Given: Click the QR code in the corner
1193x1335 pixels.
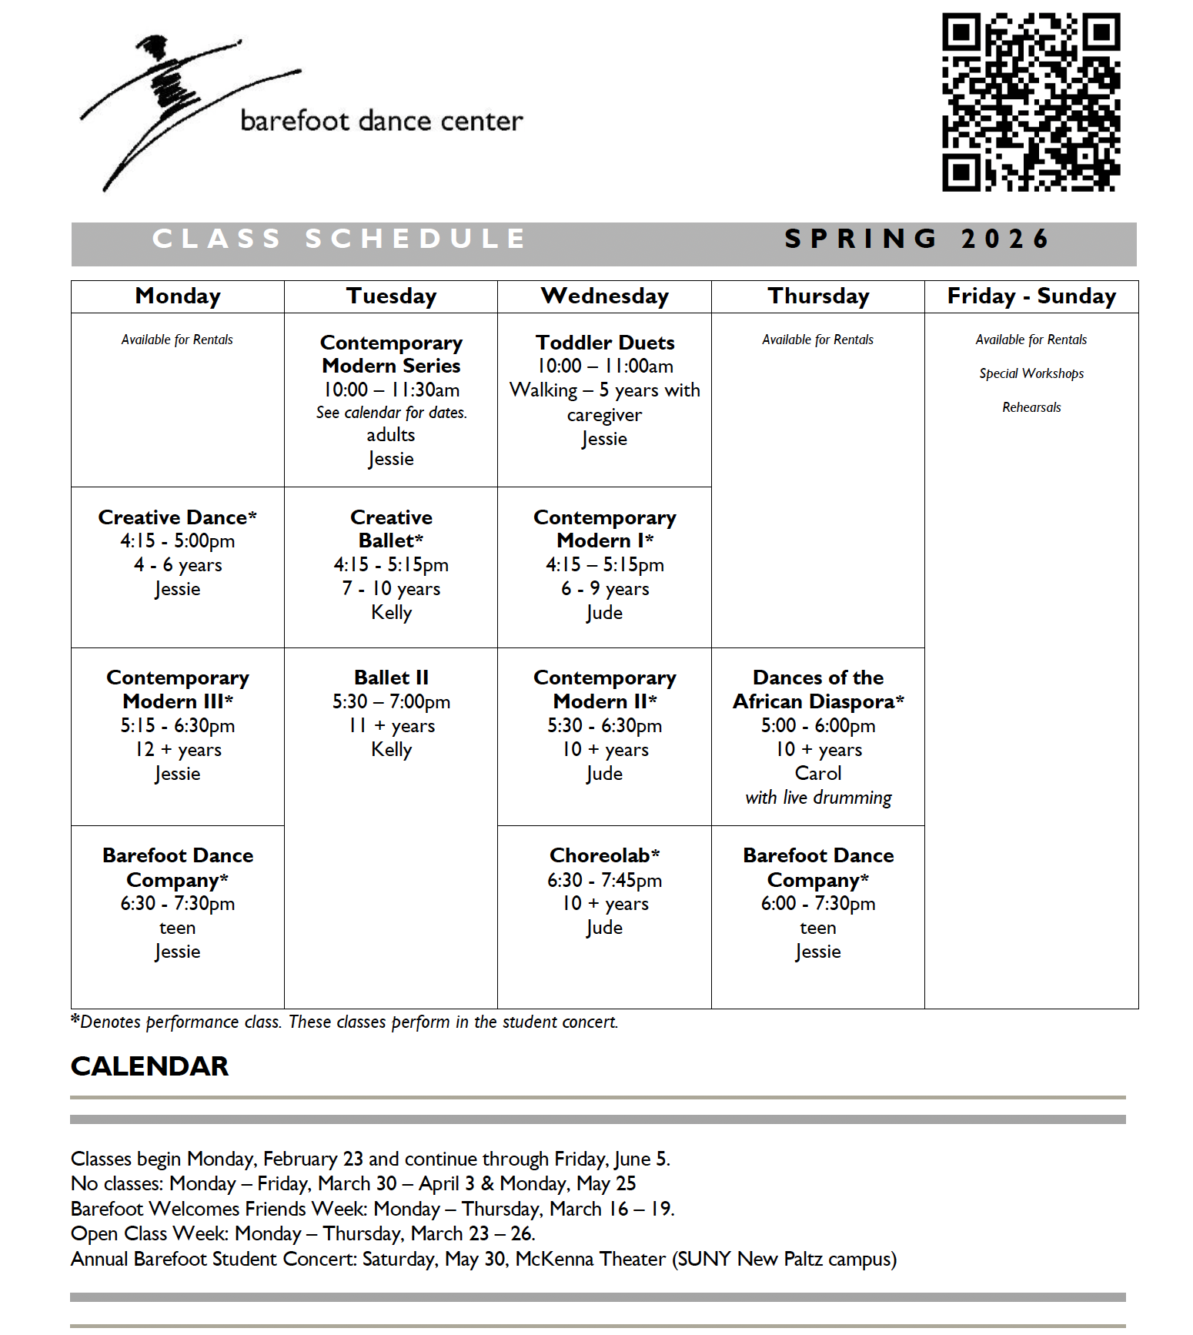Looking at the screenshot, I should click(x=1031, y=102).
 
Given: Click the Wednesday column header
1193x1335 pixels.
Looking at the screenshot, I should click(x=604, y=296).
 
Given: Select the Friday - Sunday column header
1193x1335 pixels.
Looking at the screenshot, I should click(x=1031, y=296).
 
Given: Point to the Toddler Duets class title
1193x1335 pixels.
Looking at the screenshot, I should click(x=605, y=343).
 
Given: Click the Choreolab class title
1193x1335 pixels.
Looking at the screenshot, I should click(x=604, y=855).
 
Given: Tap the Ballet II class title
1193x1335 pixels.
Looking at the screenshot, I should click(x=391, y=678).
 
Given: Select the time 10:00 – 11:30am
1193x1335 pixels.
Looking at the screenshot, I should click(x=391, y=390).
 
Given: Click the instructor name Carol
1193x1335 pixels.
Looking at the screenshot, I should click(x=817, y=773).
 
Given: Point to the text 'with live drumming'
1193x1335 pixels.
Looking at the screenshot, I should click(x=817, y=798).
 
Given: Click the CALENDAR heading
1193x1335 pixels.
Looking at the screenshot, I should click(x=149, y=1066).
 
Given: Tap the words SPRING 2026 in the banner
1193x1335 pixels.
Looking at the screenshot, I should click(x=916, y=239).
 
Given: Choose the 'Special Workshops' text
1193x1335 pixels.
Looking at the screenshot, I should click(x=1031, y=373).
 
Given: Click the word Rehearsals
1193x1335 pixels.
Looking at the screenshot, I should click(x=1031, y=407).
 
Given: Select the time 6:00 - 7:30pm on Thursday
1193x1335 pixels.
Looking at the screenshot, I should click(x=817, y=903).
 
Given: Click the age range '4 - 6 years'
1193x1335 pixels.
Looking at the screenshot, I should click(x=178, y=565).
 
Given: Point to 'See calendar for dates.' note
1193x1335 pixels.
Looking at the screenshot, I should click(x=391, y=413).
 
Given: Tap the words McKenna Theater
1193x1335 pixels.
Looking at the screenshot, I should click(x=590, y=1259).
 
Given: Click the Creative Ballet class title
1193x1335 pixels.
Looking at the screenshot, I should click(x=391, y=528).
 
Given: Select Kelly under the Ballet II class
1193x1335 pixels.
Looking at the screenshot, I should click(x=391, y=749).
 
